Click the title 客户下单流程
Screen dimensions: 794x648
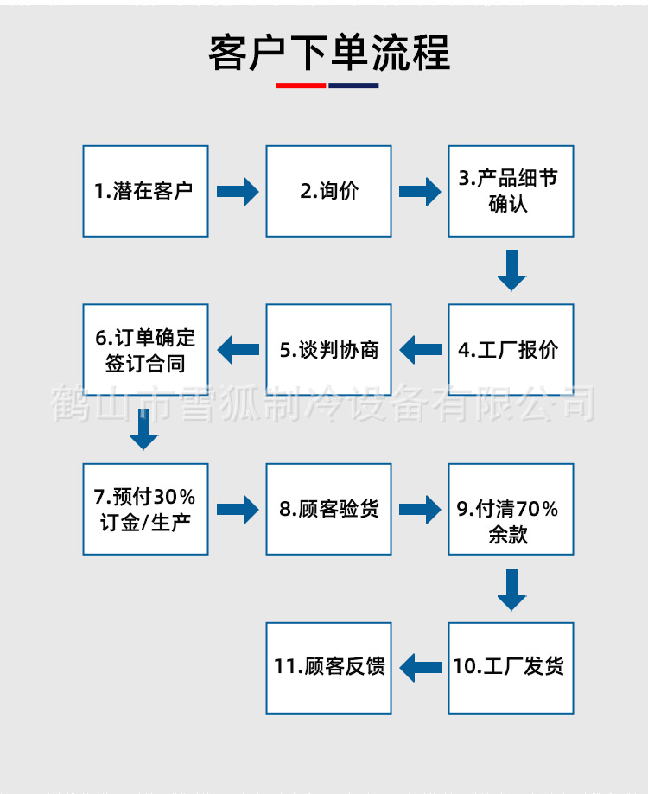coord(329,53)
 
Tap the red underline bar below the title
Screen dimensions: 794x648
coord(301,86)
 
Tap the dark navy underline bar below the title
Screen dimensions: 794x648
coord(353,86)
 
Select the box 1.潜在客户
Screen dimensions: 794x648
coord(145,191)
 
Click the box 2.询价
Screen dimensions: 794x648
coord(328,191)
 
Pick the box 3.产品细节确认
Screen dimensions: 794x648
coord(511,191)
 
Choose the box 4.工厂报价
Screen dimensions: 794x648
coord(511,350)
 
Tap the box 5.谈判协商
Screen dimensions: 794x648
coord(328,350)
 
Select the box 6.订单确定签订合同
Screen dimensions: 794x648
coord(145,350)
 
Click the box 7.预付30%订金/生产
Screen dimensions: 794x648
coord(145,509)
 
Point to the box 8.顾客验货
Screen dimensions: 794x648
coord(328,509)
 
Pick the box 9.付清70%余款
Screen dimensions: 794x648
coord(511,509)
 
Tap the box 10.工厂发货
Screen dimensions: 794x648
coord(511,667)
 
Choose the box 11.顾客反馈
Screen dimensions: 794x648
coord(328,667)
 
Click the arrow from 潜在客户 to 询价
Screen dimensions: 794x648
coord(237,191)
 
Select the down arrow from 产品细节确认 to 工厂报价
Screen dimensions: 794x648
coord(511,270)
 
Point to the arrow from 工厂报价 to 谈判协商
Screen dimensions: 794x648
coord(420,350)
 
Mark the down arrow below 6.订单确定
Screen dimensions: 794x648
coord(144,429)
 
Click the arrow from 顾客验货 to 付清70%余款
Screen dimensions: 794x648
coord(420,509)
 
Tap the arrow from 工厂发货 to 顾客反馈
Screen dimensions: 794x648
coord(420,667)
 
